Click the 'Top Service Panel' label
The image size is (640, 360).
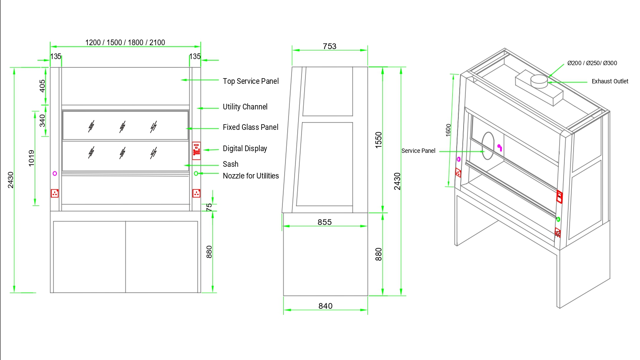(x=251, y=81)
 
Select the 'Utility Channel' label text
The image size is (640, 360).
(x=245, y=107)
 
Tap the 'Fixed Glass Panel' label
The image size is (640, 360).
(x=250, y=127)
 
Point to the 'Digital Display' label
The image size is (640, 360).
(x=245, y=149)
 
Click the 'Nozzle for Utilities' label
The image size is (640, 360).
(x=251, y=175)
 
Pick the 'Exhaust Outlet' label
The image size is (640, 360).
(x=610, y=81)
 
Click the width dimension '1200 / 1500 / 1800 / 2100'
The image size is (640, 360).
(x=125, y=43)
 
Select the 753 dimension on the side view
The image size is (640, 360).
(x=329, y=46)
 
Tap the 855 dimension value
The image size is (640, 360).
(x=325, y=222)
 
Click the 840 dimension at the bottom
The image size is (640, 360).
(x=325, y=306)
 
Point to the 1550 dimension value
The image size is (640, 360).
(x=378, y=140)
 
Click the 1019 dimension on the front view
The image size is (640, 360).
(x=31, y=158)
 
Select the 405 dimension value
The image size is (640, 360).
(x=42, y=86)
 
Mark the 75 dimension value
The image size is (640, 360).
(x=209, y=207)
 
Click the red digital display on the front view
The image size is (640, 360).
(x=196, y=150)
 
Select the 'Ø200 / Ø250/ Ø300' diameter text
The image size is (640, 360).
(x=592, y=63)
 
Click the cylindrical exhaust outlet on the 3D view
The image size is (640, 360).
(x=539, y=81)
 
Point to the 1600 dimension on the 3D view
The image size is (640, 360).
(x=448, y=130)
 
